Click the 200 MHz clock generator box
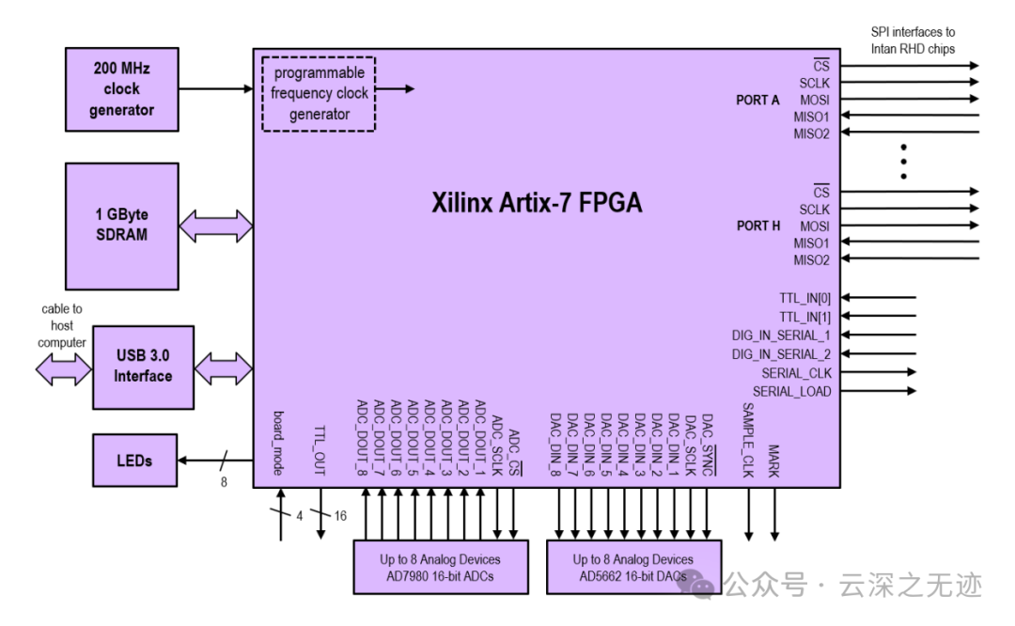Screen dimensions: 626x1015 tap(121, 89)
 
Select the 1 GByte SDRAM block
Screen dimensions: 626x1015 tap(121, 226)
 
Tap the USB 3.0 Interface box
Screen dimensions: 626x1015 tap(143, 367)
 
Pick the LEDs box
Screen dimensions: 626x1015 tap(133, 461)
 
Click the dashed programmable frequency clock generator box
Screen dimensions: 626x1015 tap(319, 94)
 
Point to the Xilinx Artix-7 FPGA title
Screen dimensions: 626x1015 tap(537, 202)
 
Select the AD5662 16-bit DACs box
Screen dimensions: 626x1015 tap(633, 567)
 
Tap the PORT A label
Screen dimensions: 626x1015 tap(757, 100)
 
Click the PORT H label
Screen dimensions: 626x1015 tap(757, 226)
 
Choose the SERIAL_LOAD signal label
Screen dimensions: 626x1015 tap(791, 391)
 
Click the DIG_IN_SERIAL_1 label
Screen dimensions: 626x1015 tap(781, 335)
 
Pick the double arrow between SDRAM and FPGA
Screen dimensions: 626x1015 tap(215, 226)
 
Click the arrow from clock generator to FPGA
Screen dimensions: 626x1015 tap(215, 89)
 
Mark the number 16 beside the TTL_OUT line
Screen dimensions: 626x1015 tap(340, 516)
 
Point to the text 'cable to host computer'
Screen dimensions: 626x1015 tap(62, 325)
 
